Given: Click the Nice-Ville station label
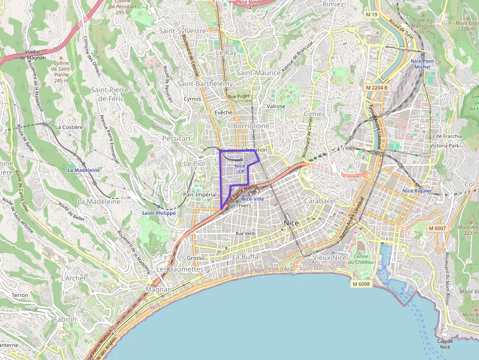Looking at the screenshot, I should tap(252, 199).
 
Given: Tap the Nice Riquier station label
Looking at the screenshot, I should tap(417, 191).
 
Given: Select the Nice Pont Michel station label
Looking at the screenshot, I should tap(422, 64).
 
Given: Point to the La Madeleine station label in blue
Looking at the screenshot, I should tap(84, 170).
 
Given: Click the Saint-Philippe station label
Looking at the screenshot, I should tap(158, 213).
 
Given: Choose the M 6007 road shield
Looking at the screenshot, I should tap(437, 228).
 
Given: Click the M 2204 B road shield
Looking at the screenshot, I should tap(376, 87).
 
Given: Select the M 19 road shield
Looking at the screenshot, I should tap(371, 15).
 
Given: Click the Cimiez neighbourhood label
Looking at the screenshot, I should tap(314, 114).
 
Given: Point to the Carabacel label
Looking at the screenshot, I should tap(320, 201).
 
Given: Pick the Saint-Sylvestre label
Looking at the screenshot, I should tap(183, 31).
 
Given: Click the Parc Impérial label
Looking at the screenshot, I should tap(199, 194).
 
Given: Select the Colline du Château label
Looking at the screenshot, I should tap(361, 259).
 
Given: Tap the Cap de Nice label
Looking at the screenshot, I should tap(444, 344).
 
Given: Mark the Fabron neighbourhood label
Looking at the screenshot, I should tap(65, 319).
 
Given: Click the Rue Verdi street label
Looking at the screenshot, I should tap(246, 233).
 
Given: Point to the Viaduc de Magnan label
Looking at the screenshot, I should tap(32, 54).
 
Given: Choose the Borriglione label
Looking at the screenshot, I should tap(251, 126).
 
